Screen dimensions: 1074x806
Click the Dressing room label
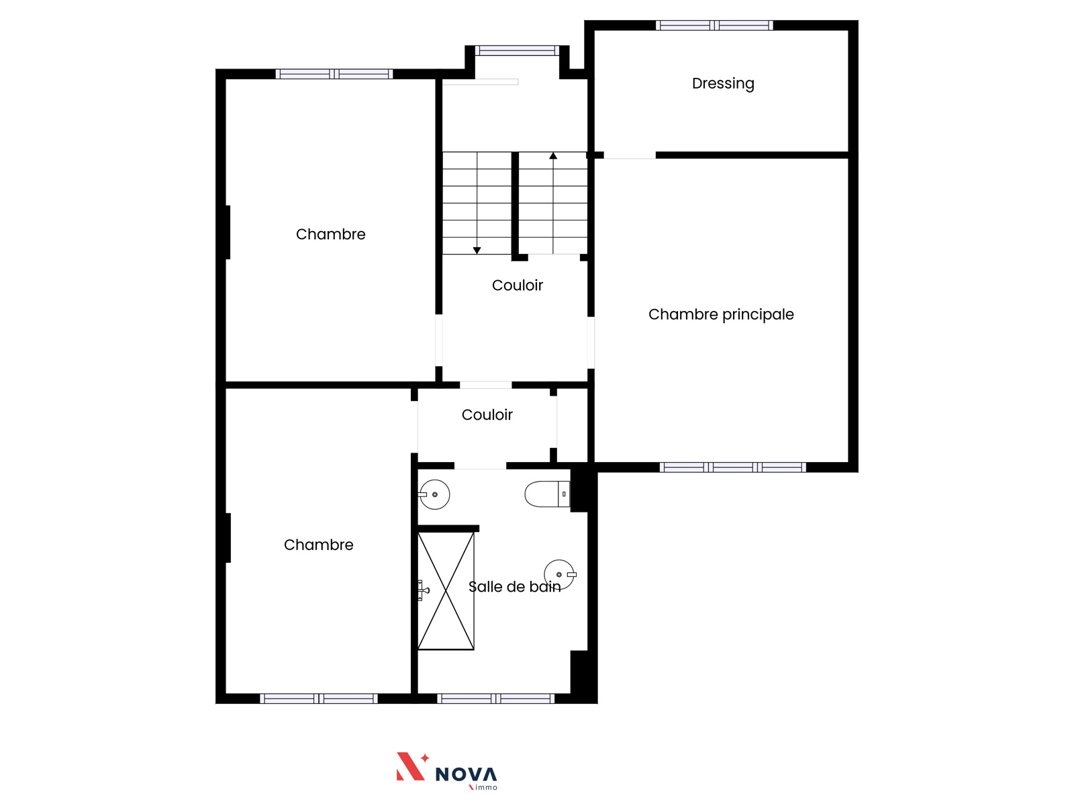pyautogui.click(x=723, y=84)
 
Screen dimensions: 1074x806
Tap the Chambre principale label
pyautogui.click(x=721, y=314)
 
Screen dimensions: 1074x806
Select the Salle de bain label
pyautogui.click(x=514, y=586)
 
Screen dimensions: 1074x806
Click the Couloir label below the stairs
pyautogui.click(x=517, y=285)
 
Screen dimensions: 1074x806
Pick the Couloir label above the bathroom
pyautogui.click(x=487, y=415)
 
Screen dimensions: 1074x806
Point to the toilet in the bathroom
pyautogui.click(x=547, y=494)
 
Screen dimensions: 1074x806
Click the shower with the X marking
pyautogui.click(x=446, y=590)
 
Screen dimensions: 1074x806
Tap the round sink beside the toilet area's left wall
pyautogui.click(x=434, y=494)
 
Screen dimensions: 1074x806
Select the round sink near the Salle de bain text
pyautogui.click(x=560, y=574)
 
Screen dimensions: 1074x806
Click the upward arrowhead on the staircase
pyautogui.click(x=553, y=156)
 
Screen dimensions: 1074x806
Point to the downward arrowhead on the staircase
pyautogui.click(x=477, y=251)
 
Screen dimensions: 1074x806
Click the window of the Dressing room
pyautogui.click(x=714, y=26)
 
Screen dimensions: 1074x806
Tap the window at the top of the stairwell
pyautogui.click(x=517, y=50)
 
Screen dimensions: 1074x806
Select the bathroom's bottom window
pyautogui.click(x=495, y=699)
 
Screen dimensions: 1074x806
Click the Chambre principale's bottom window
pyautogui.click(x=732, y=467)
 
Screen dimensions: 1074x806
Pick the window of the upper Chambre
pyautogui.click(x=334, y=74)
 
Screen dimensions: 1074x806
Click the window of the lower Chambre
pyautogui.click(x=319, y=699)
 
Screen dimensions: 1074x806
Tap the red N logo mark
pyautogui.click(x=412, y=766)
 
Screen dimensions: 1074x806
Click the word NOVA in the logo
pyautogui.click(x=466, y=774)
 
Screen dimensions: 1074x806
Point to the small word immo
pyautogui.click(x=486, y=787)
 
